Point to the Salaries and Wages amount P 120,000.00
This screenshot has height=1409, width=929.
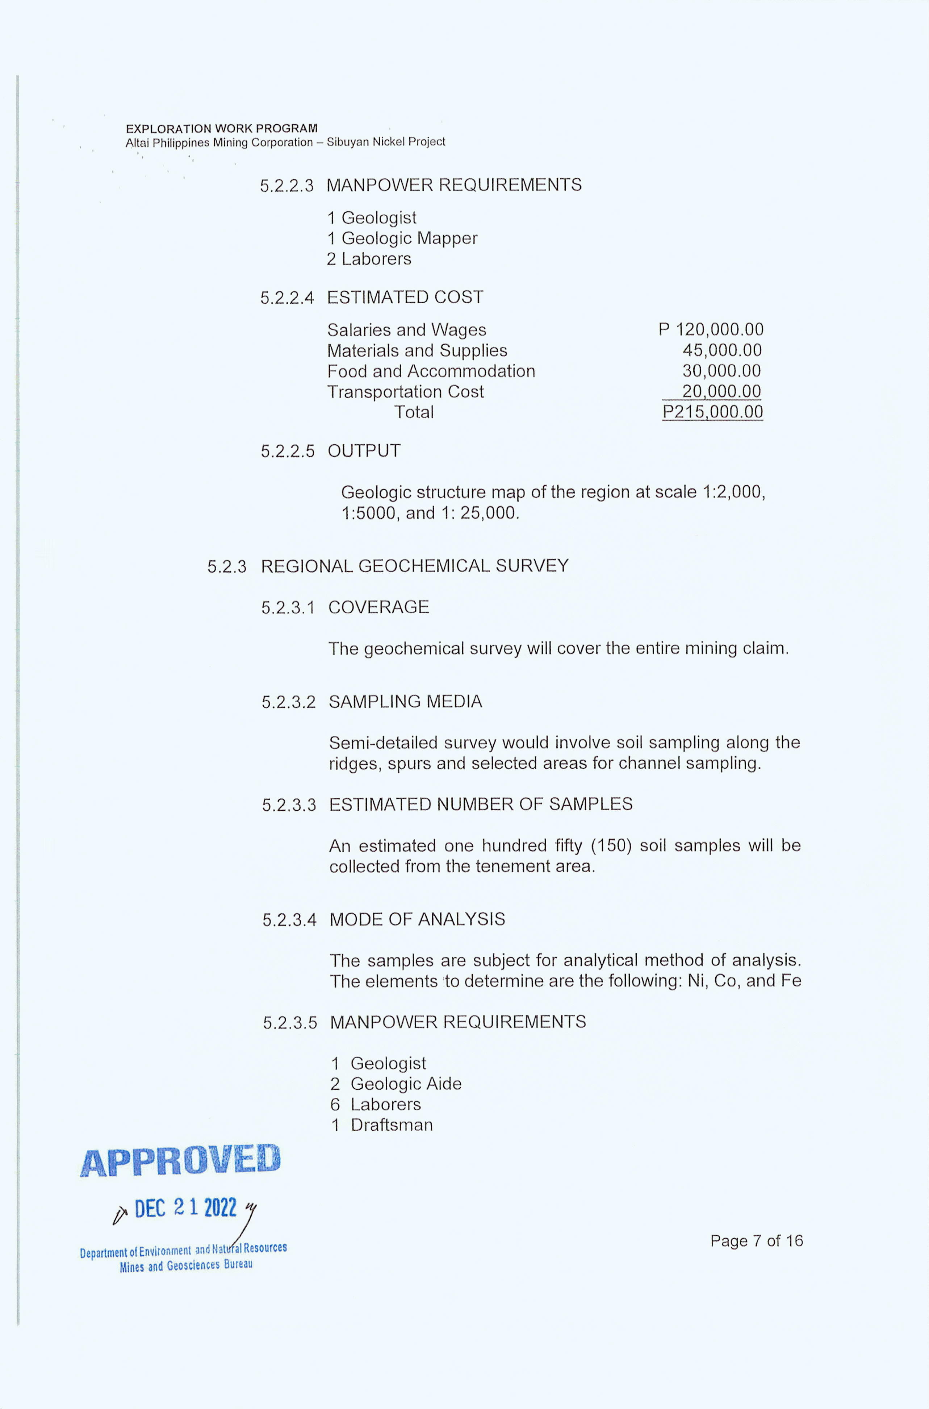[711, 329]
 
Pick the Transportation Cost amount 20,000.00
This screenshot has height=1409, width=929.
[721, 391]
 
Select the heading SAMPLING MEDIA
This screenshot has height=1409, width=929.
[405, 702]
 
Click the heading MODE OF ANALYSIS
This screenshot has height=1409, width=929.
[417, 919]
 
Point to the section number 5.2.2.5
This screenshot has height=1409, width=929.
[287, 451]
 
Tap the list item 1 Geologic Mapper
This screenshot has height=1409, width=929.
[402, 238]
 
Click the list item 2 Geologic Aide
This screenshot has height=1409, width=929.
[396, 1084]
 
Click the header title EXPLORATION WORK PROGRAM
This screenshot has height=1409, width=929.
[222, 129]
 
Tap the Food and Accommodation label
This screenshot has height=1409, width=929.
[431, 371]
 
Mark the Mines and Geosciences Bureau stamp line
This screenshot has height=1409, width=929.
[186, 1265]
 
